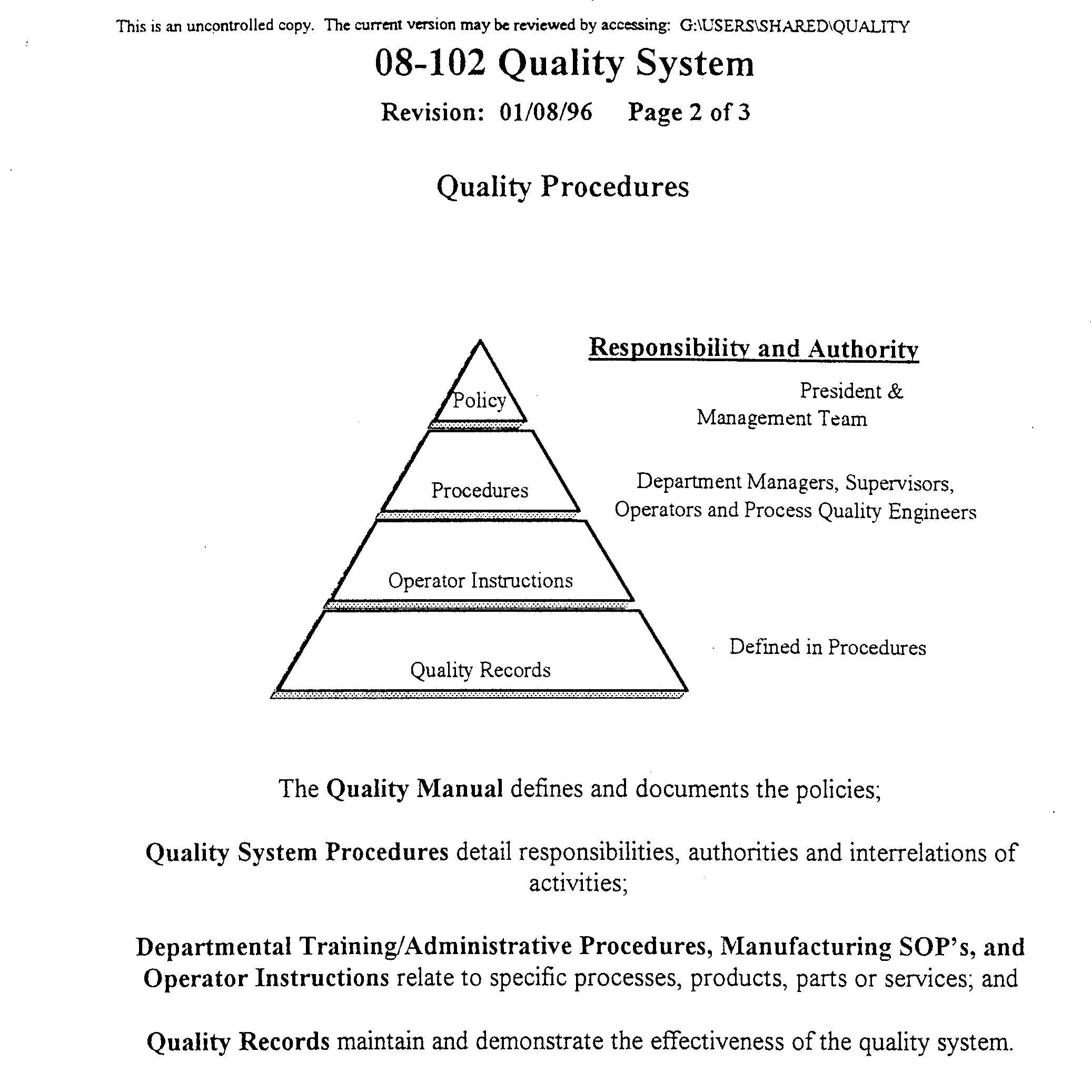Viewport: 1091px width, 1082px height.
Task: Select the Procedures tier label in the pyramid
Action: (480, 490)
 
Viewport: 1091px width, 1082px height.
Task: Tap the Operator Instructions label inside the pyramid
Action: (480, 581)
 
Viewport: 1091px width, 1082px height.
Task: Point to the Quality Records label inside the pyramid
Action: (480, 670)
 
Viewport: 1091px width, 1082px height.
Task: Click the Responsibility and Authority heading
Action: (753, 348)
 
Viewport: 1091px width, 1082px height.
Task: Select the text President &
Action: (851, 391)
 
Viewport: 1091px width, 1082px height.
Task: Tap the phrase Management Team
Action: (781, 419)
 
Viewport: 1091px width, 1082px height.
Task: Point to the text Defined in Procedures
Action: (827, 647)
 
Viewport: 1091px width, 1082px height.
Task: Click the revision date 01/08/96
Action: (545, 112)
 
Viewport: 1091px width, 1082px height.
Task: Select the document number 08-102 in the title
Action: (430, 63)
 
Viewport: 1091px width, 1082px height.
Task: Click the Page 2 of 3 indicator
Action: (689, 112)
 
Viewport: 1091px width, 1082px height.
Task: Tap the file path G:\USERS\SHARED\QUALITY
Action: (794, 26)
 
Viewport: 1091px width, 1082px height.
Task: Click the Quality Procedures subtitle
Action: (562, 186)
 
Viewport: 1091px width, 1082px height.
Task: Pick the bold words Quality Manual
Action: (414, 788)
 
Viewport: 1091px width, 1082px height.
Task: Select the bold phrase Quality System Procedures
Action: (297, 852)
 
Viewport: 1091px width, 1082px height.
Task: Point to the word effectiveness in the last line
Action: (716, 1041)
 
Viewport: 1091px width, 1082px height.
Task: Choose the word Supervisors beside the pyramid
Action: (899, 483)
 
